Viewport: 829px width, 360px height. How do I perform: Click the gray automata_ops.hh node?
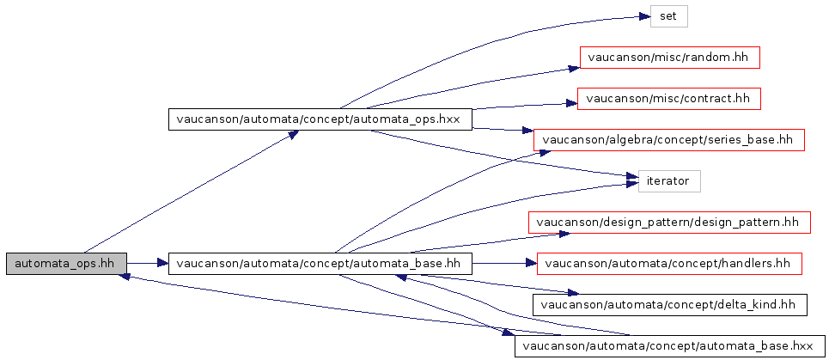click(x=67, y=264)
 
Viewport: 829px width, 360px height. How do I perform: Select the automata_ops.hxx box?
click(x=320, y=119)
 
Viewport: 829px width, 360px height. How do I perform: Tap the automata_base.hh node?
click(x=320, y=264)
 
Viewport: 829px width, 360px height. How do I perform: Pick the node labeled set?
click(x=668, y=16)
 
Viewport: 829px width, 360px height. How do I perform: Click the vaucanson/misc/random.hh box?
click(x=670, y=57)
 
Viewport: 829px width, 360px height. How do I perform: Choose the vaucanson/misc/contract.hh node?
click(x=669, y=99)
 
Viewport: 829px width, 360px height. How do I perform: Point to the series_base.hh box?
click(x=669, y=140)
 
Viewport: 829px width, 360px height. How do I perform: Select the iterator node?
click(x=669, y=181)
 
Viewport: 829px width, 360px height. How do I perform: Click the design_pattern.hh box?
click(x=669, y=223)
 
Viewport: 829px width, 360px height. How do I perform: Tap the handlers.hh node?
click(x=670, y=264)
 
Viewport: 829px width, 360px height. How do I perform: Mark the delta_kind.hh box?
click(x=670, y=305)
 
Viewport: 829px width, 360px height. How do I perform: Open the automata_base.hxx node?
click(x=670, y=346)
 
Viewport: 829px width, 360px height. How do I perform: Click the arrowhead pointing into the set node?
click(x=643, y=17)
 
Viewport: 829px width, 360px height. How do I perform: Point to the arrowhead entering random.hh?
click(x=574, y=68)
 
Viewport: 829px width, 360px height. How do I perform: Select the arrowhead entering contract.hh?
click(x=570, y=102)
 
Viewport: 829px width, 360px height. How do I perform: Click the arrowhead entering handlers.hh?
click(x=530, y=264)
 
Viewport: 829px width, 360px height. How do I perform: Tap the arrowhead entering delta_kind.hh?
click(x=573, y=293)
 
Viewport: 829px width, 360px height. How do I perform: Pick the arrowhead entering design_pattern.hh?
click(x=563, y=233)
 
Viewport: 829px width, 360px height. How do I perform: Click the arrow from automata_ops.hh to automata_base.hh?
click(x=148, y=264)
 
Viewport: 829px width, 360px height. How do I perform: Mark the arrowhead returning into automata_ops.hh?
click(x=125, y=276)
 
